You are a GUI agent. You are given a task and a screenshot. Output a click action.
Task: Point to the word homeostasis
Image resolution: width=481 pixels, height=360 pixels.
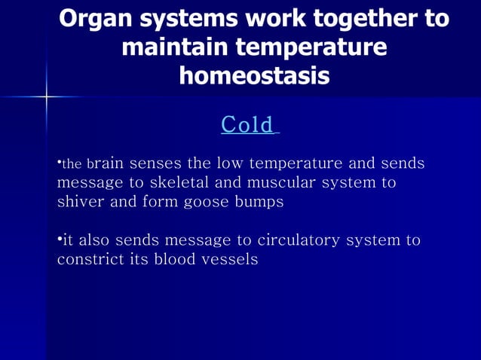pyautogui.click(x=254, y=75)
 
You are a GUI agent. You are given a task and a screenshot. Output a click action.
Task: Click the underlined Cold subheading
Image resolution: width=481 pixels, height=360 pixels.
pyautogui.click(x=247, y=124)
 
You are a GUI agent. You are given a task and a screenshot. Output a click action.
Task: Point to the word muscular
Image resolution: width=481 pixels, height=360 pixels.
pyautogui.click(x=283, y=183)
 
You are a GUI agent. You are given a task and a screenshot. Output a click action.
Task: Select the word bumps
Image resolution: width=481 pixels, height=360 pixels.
pyautogui.click(x=262, y=202)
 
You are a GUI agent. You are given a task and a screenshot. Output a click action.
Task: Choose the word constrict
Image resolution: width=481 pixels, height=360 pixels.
pyautogui.click(x=88, y=260)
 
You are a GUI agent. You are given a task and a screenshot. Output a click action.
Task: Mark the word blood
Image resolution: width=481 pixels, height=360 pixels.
pyautogui.click(x=170, y=260)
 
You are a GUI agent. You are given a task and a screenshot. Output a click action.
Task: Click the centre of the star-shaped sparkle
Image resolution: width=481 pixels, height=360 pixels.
pyautogui.click(x=47, y=96)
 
